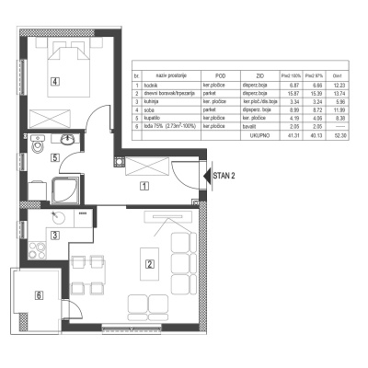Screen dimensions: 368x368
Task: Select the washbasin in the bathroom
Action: [x=67, y=141]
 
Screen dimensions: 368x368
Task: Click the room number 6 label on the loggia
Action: [x=38, y=295]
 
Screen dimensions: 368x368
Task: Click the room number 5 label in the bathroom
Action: [x=56, y=158]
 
